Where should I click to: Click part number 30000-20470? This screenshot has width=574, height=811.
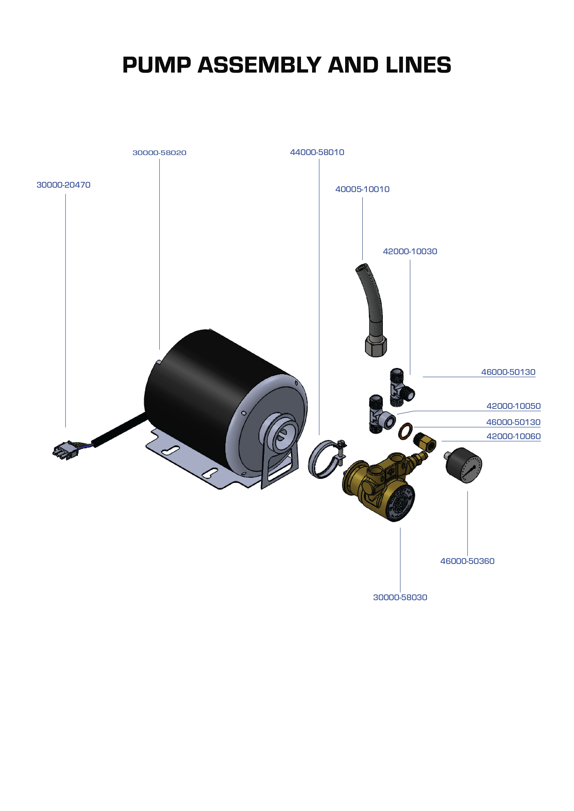coord(64,185)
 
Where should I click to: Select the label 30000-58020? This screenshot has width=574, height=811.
coord(160,153)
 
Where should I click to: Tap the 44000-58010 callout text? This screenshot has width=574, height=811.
coord(317,152)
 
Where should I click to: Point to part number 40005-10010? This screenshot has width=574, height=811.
coord(362,190)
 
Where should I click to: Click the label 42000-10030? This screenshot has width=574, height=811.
coord(410,252)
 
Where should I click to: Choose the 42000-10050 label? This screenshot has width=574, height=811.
coord(513,406)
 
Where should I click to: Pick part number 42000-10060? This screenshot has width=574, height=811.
coord(513,436)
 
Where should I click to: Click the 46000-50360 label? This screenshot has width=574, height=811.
coord(467,561)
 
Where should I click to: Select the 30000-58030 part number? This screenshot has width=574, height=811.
coord(400,597)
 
